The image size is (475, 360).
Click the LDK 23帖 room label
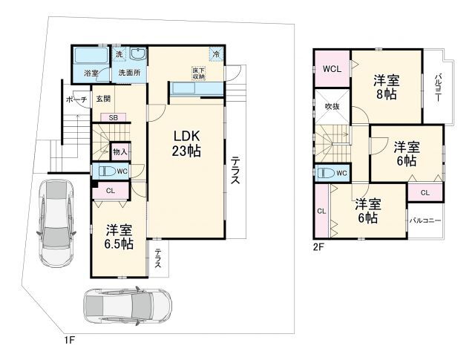(186, 143)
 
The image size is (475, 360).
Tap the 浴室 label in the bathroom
(91, 73)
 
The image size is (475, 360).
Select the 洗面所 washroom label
(129, 73)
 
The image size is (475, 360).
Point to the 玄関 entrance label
(103, 99)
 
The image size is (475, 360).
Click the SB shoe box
(114, 117)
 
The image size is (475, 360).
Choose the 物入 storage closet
(120, 151)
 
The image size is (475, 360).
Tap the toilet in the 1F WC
(107, 171)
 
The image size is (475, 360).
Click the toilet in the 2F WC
(326, 174)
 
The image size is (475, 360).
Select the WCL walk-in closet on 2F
(332, 69)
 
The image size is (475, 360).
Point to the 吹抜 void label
(332, 106)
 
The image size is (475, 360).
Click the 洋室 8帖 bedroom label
(386, 88)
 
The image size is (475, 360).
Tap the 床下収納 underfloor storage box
(198, 73)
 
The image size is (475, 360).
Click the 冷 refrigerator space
(217, 54)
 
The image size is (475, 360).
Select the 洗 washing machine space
(119, 54)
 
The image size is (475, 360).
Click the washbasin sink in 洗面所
(138, 54)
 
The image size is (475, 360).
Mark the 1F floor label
(69, 340)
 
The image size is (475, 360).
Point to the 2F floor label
(318, 247)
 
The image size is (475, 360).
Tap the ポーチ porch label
(76, 99)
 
